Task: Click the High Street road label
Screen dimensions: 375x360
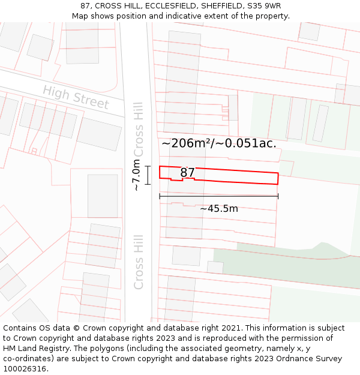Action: (76, 97)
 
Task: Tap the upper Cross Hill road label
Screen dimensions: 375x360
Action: (139, 121)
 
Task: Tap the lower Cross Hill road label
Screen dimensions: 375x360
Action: (139, 266)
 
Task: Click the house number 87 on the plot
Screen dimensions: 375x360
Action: (188, 173)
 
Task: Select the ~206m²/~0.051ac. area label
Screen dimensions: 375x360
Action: (219, 143)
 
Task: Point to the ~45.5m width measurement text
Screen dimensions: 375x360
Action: (219, 209)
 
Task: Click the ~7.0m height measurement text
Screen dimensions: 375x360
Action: (137, 175)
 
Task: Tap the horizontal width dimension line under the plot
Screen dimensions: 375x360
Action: (219, 196)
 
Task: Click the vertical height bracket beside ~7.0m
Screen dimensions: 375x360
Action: (148, 175)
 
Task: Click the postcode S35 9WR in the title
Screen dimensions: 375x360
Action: (264, 6)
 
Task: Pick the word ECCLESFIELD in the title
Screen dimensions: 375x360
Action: (159, 6)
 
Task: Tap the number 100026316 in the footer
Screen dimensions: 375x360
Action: (25, 369)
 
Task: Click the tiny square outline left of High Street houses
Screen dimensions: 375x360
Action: (34, 151)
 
